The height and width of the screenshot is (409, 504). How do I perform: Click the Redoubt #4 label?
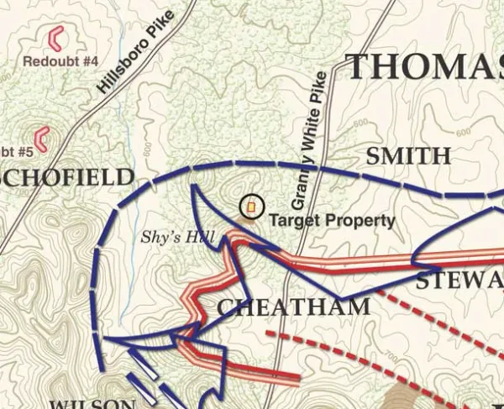tap(61, 61)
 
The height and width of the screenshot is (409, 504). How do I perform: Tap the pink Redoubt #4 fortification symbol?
tap(57, 37)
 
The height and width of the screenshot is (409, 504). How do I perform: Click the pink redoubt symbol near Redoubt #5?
tap(40, 139)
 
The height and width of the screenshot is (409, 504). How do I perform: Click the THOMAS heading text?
tap(425, 66)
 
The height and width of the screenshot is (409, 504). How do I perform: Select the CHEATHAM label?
tap(293, 307)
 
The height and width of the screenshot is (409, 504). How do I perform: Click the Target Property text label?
tap(332, 221)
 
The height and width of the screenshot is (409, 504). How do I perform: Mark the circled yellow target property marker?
tap(250, 206)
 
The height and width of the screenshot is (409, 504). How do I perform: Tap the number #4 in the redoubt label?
tap(91, 61)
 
